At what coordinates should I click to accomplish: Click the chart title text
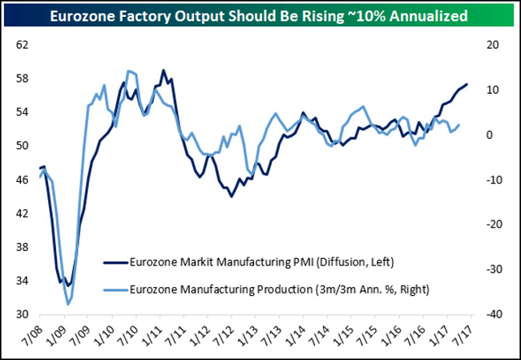(x=260, y=15)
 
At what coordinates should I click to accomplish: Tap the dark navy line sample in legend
(x=113, y=262)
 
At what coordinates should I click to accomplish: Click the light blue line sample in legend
(x=113, y=289)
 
